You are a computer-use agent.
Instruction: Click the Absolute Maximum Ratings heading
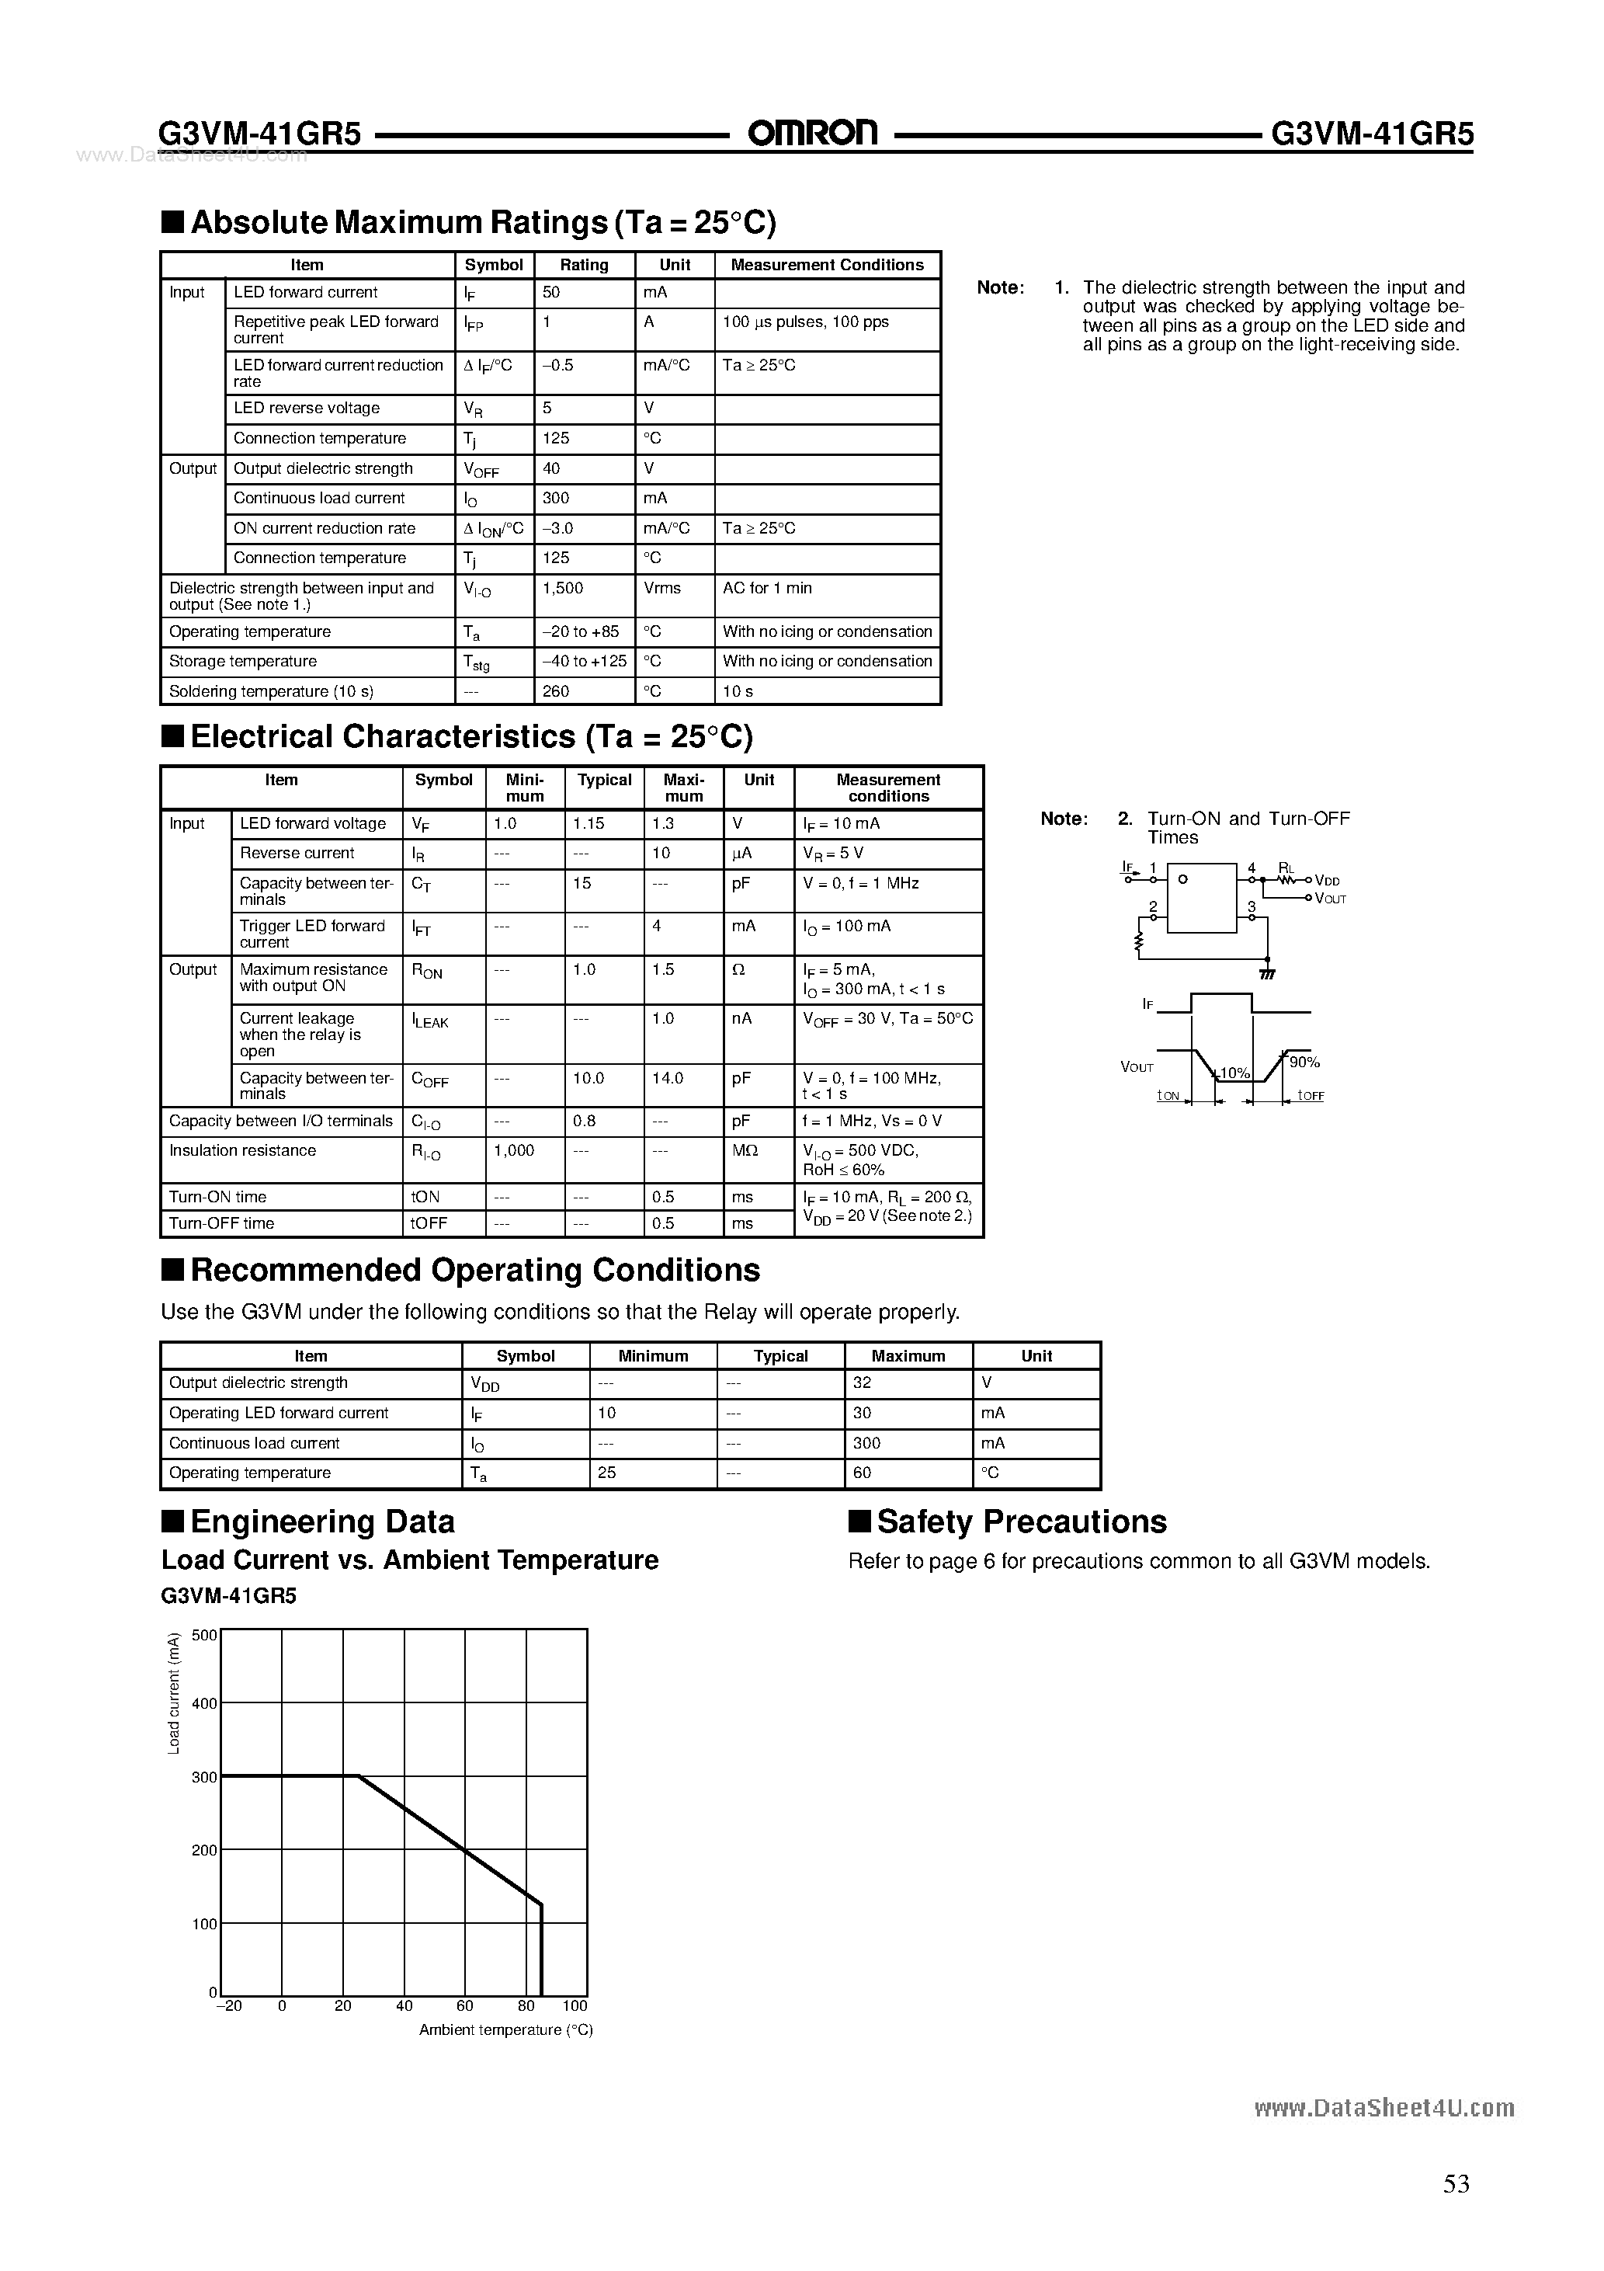483,223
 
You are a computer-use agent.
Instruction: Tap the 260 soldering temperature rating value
556,691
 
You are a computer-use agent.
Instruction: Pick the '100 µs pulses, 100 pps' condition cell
805,322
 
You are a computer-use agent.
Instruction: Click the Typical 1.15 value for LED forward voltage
589,823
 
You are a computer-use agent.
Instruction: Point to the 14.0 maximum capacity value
668,1078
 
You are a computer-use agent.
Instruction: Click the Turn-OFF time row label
221,1223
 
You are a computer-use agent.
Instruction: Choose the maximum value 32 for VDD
863,1382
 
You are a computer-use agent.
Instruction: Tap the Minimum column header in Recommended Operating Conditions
653,1356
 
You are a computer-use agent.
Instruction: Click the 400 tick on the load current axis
203,1703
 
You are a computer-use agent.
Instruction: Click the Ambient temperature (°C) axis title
505,2029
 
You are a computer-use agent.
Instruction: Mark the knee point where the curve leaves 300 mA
358,1776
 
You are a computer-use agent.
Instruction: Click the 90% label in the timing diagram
1304,1062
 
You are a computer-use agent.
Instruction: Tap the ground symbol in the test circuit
1268,973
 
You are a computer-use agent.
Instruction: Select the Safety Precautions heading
1022,1522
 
